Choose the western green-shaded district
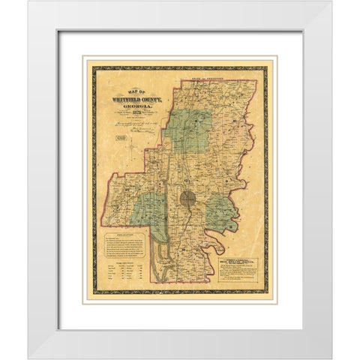tap(150, 210)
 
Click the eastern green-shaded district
tap(223, 214)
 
